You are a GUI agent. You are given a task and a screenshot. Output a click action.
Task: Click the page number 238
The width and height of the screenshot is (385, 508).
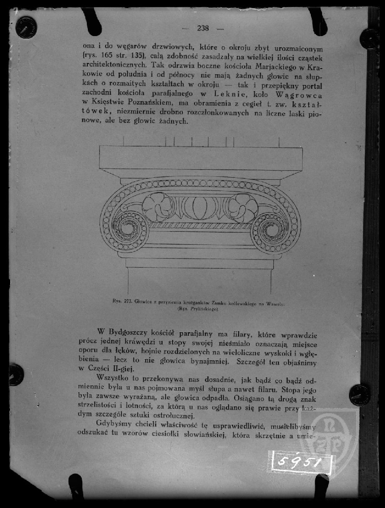pyautogui.click(x=203, y=28)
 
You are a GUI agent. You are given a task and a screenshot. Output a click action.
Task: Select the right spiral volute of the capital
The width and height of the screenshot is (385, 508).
pyautogui.click(x=271, y=230)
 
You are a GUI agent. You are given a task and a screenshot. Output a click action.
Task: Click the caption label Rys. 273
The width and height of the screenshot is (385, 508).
pyautogui.click(x=122, y=302)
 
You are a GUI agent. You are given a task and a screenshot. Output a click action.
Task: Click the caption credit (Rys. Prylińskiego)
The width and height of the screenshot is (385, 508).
pyautogui.click(x=198, y=308)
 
